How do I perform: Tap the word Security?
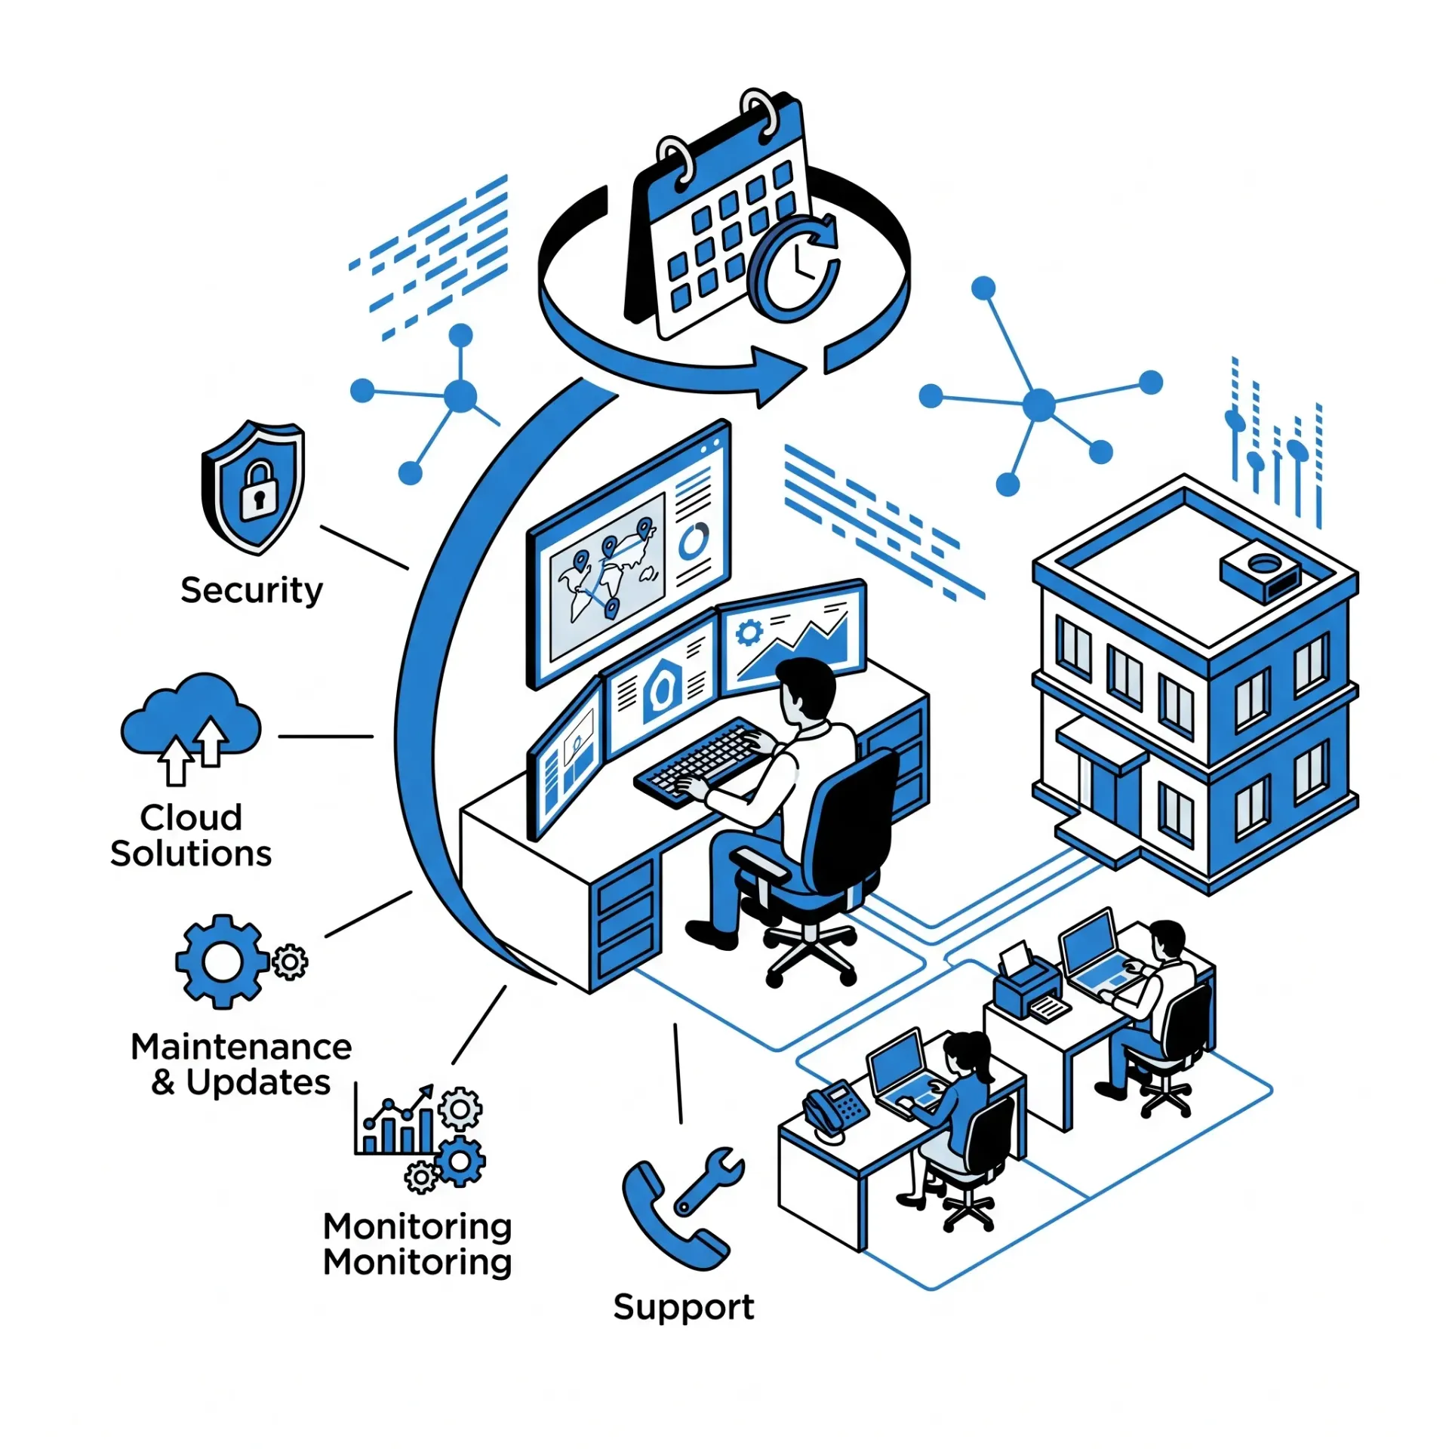coord(251,590)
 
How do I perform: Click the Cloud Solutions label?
coord(191,835)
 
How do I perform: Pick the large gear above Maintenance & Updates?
coord(222,961)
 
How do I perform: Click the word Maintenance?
coord(241,1047)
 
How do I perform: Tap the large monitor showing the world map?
coord(629,554)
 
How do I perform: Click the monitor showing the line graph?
coord(793,636)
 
